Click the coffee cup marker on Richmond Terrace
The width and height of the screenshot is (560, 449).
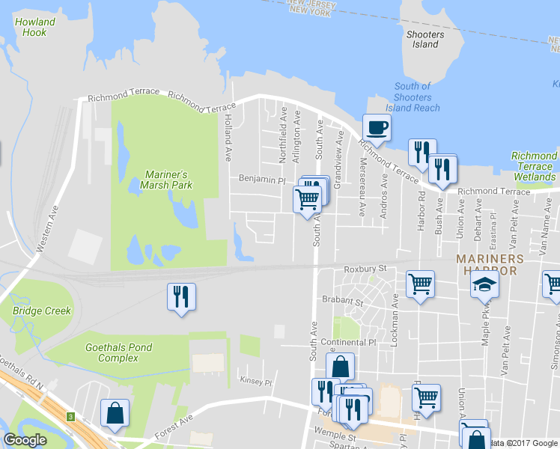click(377, 127)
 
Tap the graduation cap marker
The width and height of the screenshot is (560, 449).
click(484, 286)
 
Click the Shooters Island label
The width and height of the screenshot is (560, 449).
click(425, 39)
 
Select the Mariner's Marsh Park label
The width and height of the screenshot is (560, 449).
click(168, 180)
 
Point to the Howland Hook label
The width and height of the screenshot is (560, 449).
click(34, 27)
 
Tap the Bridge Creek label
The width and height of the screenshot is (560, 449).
click(41, 311)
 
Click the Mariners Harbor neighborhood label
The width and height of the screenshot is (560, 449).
click(486, 263)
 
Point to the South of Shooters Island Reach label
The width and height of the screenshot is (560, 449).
click(413, 97)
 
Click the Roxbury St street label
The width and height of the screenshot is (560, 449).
click(365, 269)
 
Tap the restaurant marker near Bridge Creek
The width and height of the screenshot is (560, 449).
click(181, 297)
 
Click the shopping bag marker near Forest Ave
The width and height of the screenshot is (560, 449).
click(115, 413)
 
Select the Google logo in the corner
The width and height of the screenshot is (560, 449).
click(25, 440)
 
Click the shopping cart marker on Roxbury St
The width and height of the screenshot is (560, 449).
click(421, 284)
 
